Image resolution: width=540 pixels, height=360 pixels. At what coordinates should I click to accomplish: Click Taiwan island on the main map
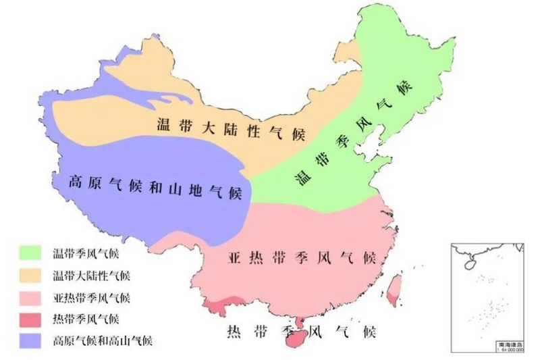click(397, 288)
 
